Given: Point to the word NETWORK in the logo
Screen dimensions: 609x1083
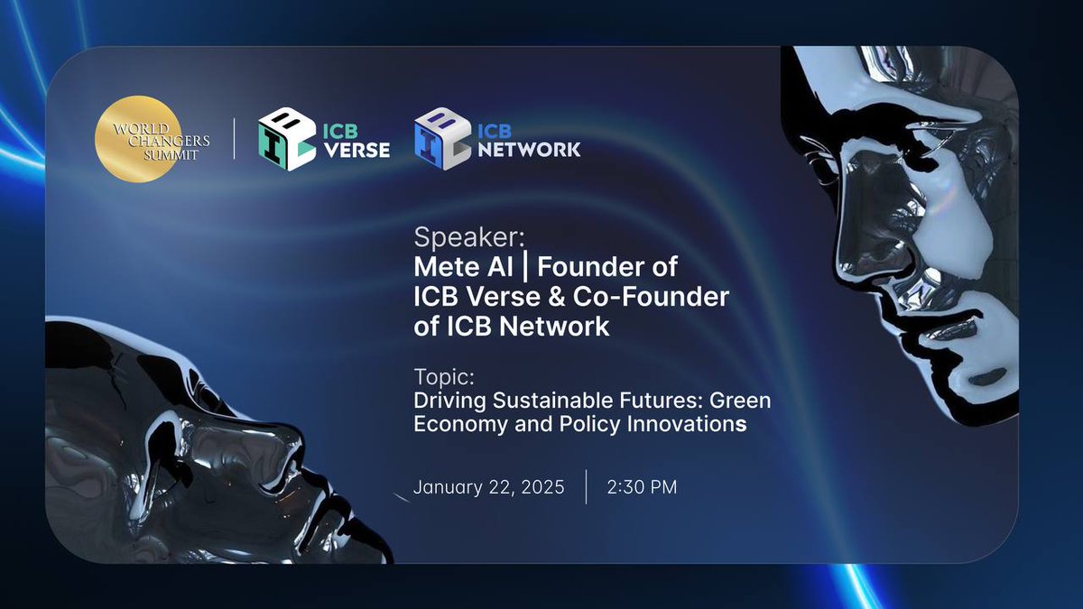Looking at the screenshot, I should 531,151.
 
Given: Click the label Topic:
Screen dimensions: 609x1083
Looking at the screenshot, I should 443,374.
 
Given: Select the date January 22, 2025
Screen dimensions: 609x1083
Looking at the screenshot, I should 488,487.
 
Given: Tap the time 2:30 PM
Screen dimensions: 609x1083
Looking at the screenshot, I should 642,487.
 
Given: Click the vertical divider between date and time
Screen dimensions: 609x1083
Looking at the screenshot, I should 586,487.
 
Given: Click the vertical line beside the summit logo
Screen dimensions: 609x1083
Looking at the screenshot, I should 235,140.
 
